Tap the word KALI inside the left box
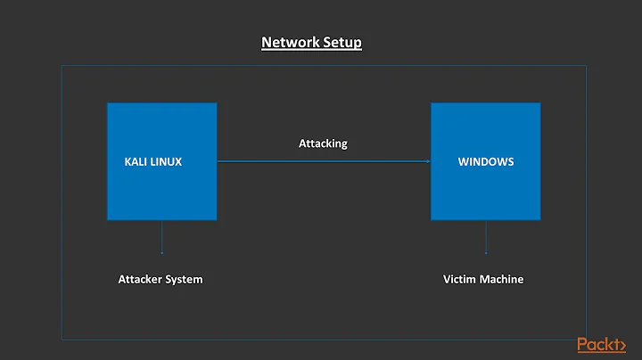[136, 162]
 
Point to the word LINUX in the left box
[167, 162]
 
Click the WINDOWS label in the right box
[486, 162]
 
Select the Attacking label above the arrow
[323, 143]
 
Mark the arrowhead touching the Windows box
[428, 161]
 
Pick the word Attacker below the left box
[144, 279]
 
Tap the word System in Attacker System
[185, 279]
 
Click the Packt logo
[601, 345]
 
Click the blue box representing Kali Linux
[161, 192]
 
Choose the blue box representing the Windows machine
[486, 192]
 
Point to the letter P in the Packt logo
[583, 345]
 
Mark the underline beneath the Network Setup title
[311, 50]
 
